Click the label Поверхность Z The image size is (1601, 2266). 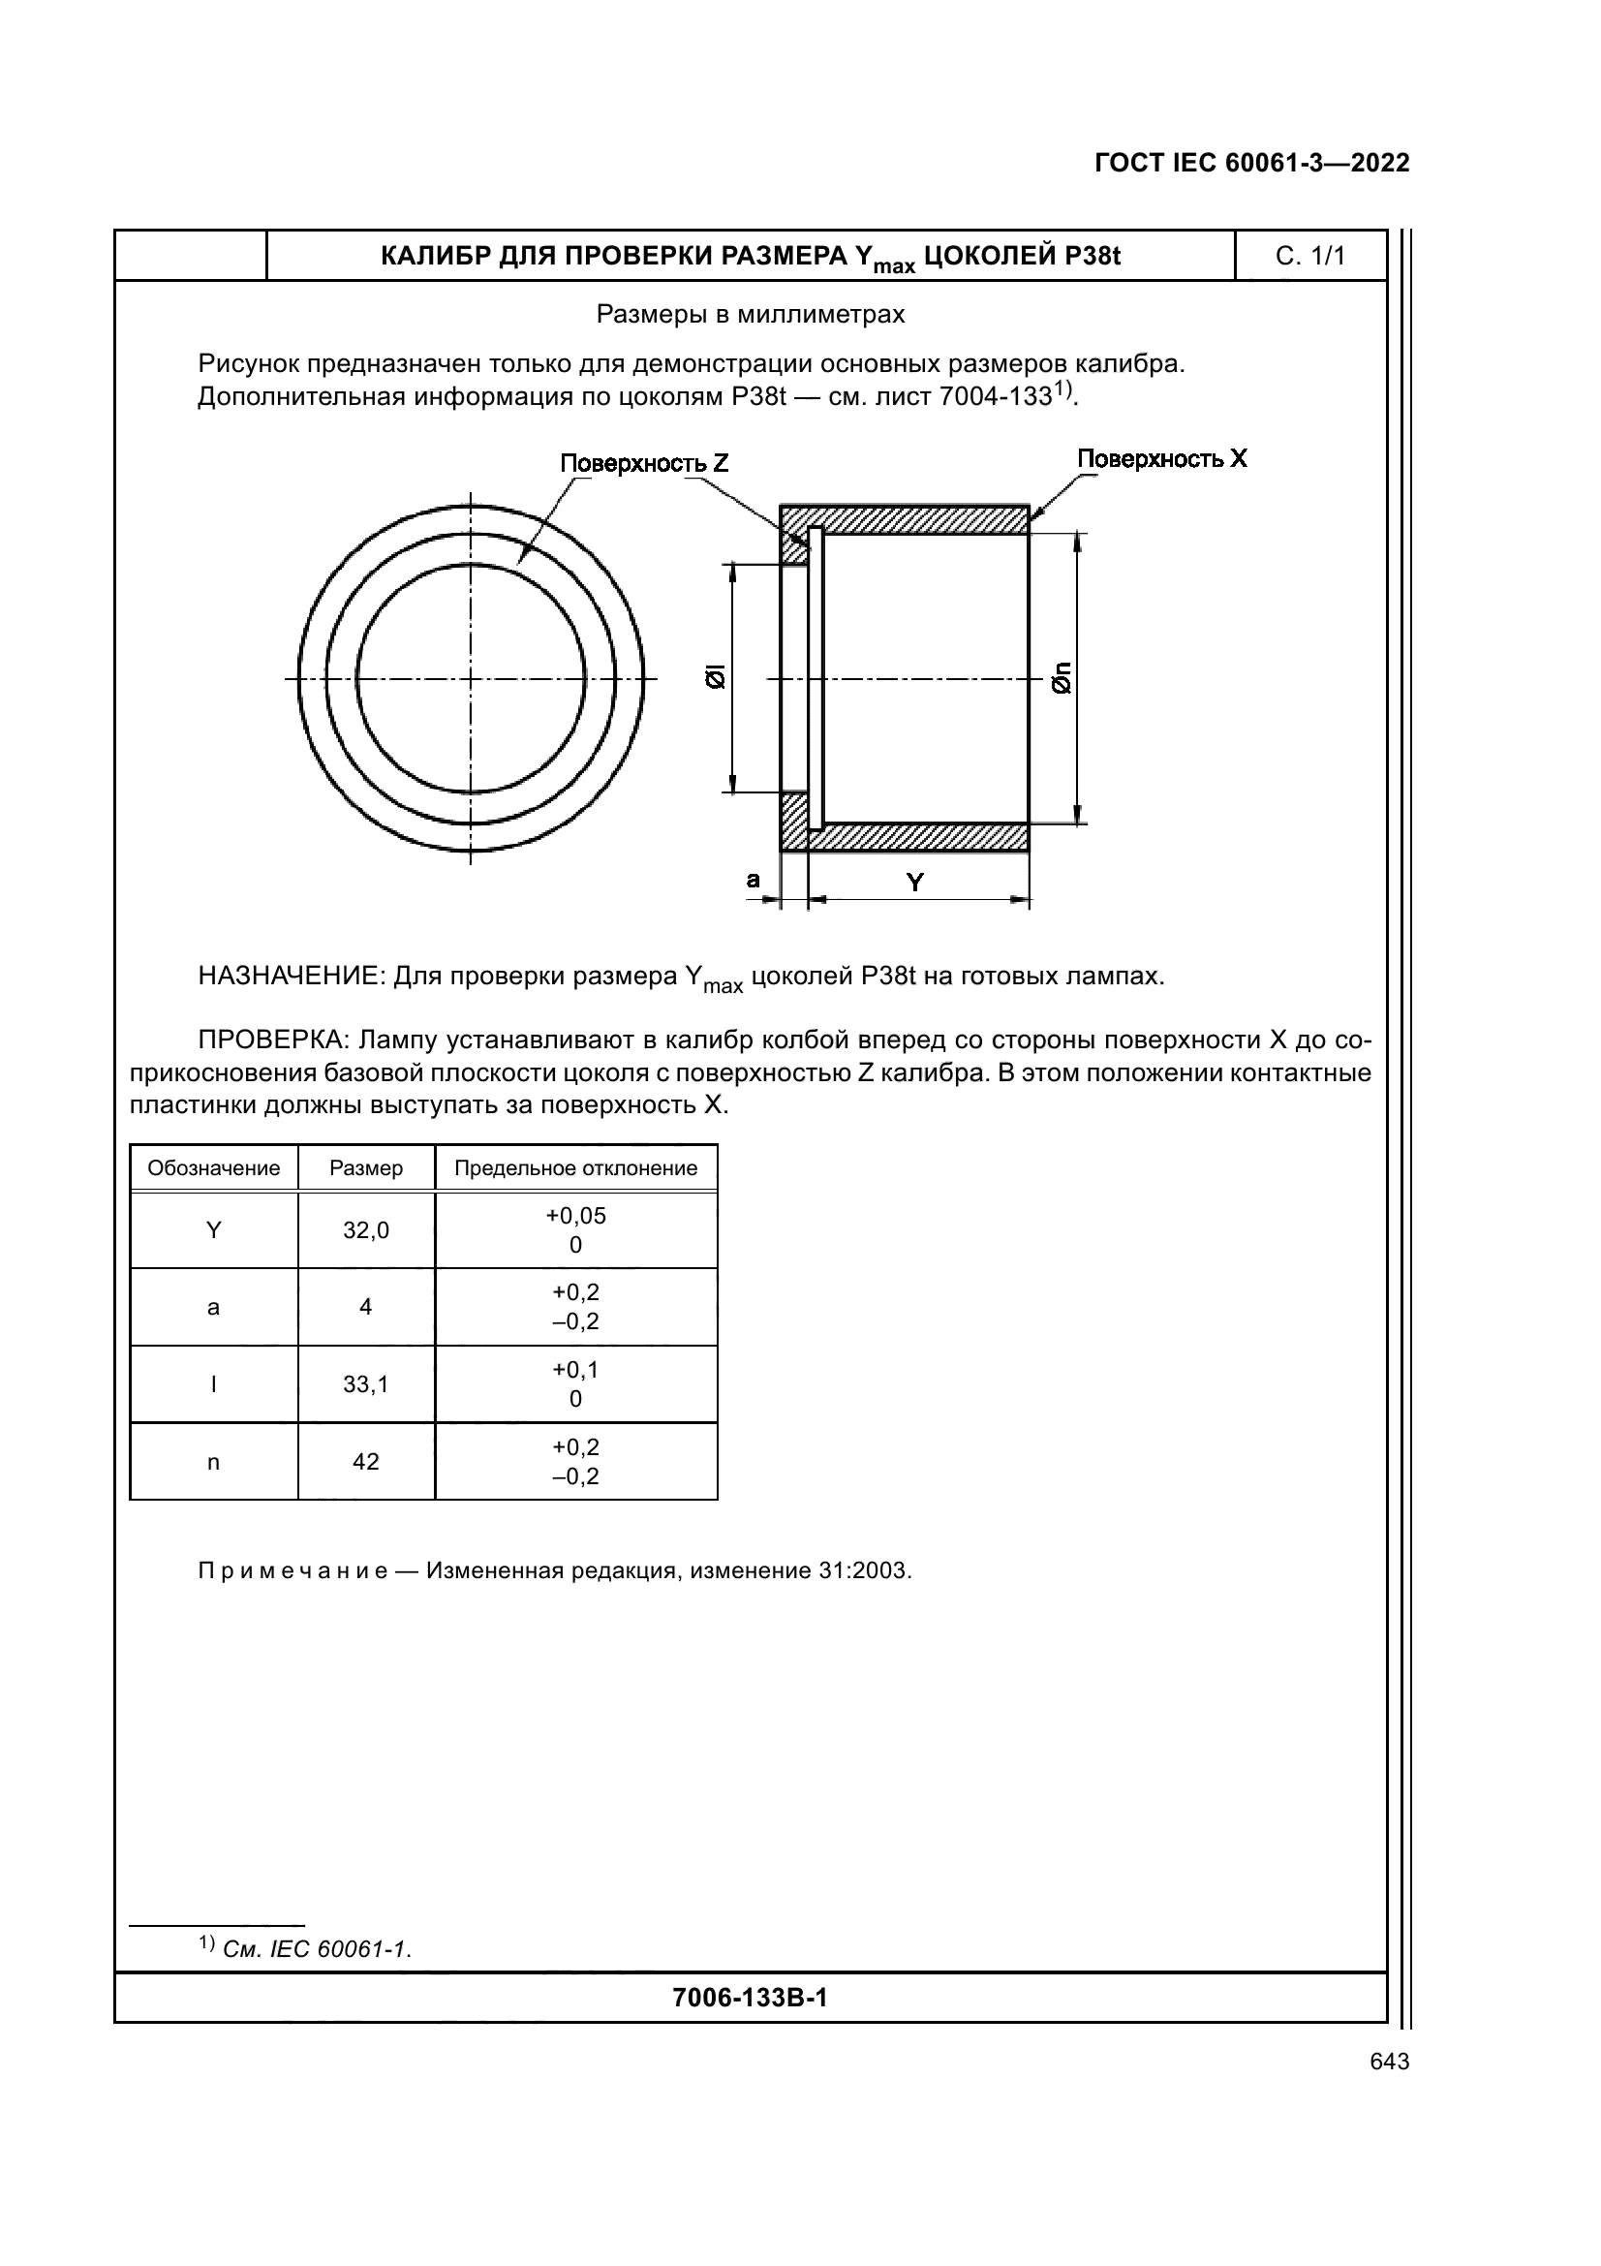pos(644,464)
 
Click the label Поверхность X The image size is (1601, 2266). pos(1161,459)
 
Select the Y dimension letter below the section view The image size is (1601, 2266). pos(915,883)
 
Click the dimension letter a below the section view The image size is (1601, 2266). pos(754,880)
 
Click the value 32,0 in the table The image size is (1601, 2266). pos(366,1230)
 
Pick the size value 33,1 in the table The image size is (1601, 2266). pos(366,1384)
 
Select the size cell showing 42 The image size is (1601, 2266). pos(366,1462)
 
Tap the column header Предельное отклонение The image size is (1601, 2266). pos(576,1168)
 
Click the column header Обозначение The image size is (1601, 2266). pos(214,1168)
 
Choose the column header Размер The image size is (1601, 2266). pos(366,1168)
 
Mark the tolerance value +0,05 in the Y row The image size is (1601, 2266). pos(576,1216)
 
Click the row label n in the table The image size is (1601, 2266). pos(213,1463)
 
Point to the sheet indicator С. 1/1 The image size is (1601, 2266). pos(1310,257)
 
